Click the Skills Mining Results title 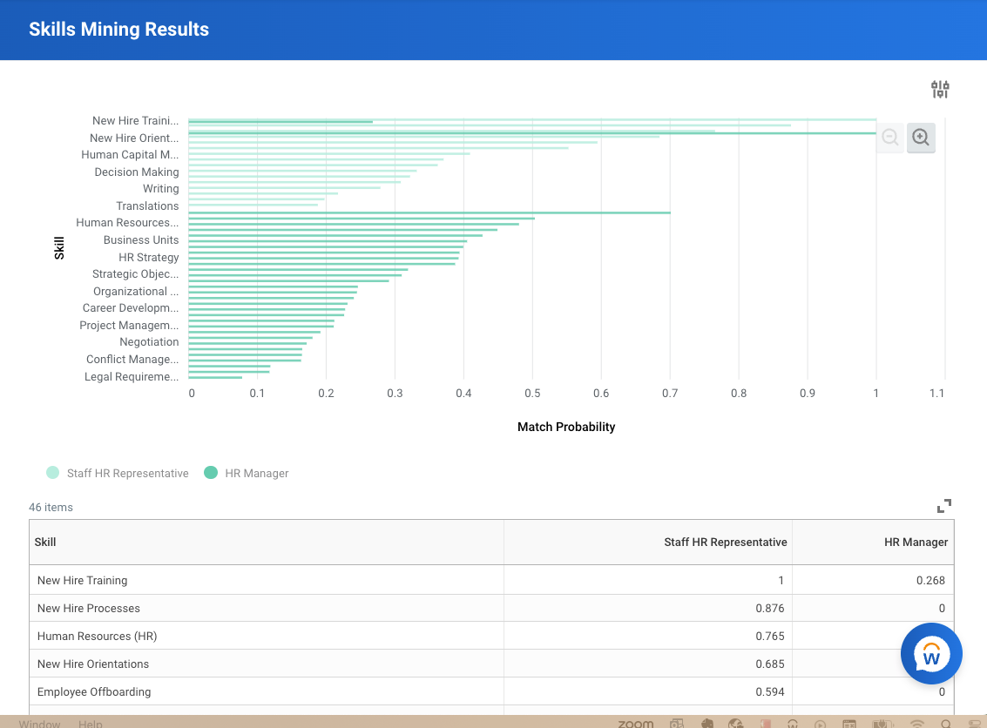(118, 30)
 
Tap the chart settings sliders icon (940, 89)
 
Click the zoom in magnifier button (921, 138)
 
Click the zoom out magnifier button (890, 138)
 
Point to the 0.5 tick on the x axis (532, 394)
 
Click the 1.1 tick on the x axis (936, 394)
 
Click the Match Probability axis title (566, 427)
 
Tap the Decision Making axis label (137, 172)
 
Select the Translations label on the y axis (147, 206)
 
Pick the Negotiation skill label (149, 342)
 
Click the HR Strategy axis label (149, 258)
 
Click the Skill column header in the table (45, 542)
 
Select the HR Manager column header (916, 542)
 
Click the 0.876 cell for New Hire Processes (770, 608)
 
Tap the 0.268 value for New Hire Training (930, 580)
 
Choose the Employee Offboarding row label (94, 691)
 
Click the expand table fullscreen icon (944, 506)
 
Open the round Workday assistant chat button (931, 654)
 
